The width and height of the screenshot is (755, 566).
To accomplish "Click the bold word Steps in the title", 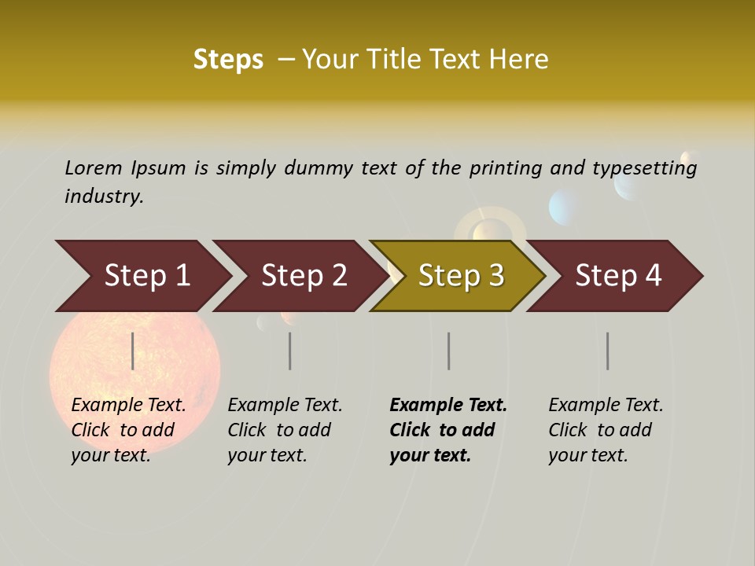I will coord(228,60).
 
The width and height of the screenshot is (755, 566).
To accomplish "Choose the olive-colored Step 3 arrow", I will coord(461,276).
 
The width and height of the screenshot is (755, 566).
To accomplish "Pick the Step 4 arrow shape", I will coord(618,276).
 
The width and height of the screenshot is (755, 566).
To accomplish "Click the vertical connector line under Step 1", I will coord(133,351).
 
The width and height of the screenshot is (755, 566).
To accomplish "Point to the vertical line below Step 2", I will coord(290,351).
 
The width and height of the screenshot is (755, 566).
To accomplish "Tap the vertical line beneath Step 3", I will coord(449,351).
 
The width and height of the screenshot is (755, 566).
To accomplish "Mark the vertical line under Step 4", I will coord(608,351).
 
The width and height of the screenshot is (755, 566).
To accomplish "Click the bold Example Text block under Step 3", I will coord(447,430).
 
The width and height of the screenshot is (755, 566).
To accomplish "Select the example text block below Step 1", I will coord(128,430).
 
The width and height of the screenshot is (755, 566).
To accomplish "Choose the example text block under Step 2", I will coord(285,430).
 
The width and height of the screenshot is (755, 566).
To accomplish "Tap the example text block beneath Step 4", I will coord(606,430).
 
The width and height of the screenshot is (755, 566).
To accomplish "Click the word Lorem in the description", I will coord(94,167).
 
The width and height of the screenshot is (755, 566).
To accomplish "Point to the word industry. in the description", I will coord(104,197).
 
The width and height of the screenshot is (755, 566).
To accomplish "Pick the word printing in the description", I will coord(505,168).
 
